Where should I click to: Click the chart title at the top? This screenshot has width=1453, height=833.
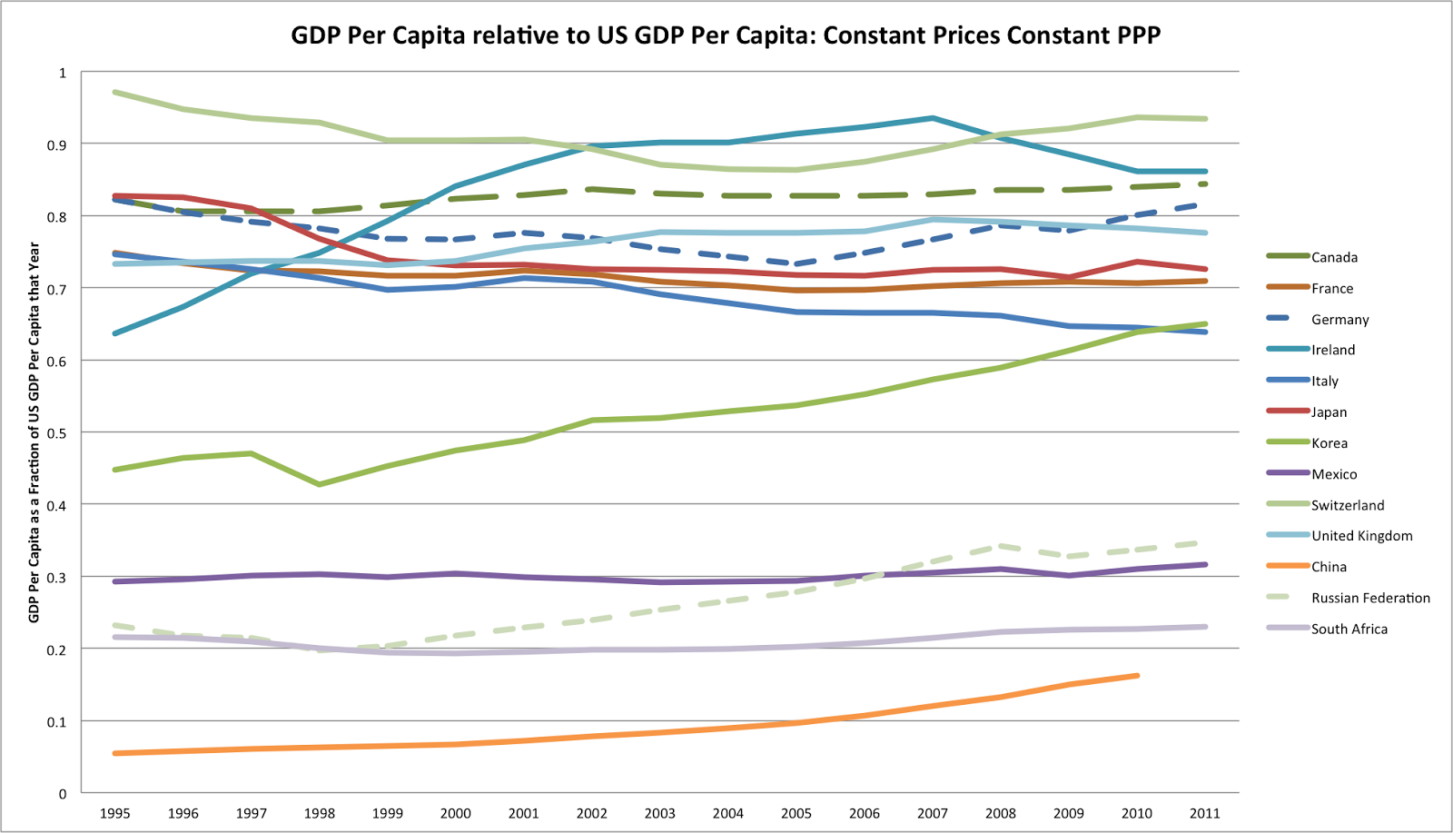point(726,35)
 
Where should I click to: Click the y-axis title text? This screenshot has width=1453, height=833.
point(35,432)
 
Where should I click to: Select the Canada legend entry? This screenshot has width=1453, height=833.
point(1334,257)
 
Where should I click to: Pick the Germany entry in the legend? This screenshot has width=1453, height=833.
point(1339,319)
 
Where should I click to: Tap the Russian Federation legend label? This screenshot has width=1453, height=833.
point(1370,598)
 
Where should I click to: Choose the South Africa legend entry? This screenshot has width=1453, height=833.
point(1349,629)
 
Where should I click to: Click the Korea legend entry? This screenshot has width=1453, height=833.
point(1329,443)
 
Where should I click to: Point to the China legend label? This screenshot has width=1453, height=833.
point(1329,567)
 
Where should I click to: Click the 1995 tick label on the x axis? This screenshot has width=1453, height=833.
point(114,813)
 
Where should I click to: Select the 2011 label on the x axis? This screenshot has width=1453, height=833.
point(1205,813)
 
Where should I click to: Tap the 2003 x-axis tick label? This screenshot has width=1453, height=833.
point(660,813)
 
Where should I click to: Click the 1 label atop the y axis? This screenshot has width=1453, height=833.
point(63,73)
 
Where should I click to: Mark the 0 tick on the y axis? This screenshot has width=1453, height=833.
point(63,794)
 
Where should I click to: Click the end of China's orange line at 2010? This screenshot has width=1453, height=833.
point(1137,676)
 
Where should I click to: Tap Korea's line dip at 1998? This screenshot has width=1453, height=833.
point(320,484)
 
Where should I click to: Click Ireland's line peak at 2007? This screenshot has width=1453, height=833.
point(933,118)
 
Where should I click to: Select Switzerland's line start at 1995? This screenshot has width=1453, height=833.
point(114,92)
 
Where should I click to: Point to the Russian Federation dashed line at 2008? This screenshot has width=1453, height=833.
point(1001,546)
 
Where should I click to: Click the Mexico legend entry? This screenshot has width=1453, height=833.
point(1333,474)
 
